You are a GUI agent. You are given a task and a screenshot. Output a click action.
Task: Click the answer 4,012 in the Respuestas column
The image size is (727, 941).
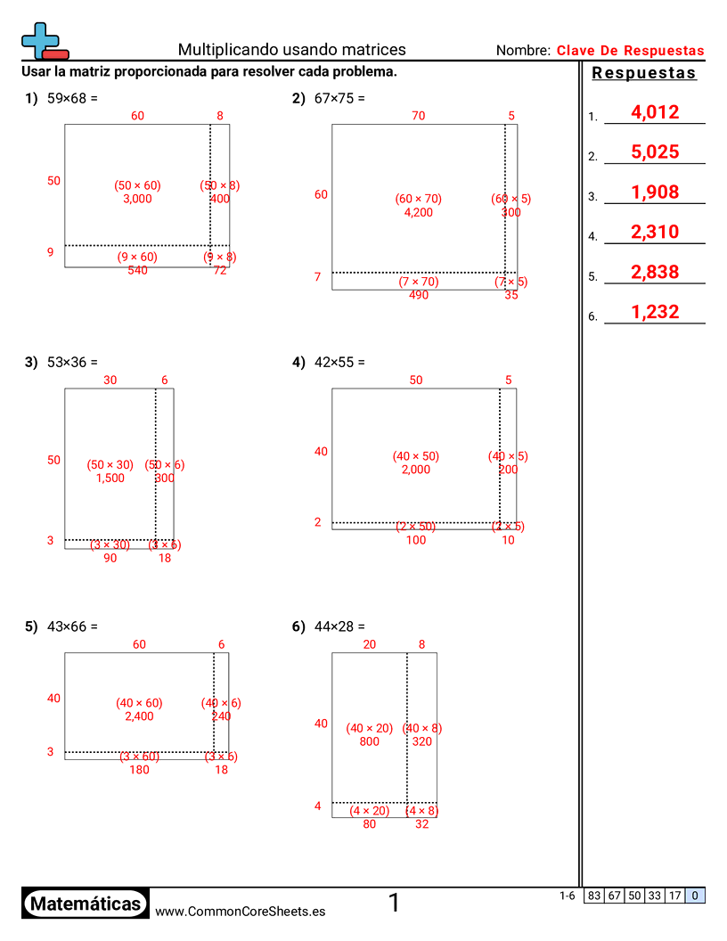(x=654, y=112)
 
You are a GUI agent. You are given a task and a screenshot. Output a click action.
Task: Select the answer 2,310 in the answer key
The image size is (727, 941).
(x=654, y=233)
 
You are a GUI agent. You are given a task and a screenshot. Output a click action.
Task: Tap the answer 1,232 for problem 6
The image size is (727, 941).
(x=654, y=312)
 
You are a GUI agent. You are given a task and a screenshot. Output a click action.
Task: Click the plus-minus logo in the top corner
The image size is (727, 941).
(x=43, y=41)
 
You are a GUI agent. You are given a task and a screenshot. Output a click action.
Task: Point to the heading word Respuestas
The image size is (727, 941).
(x=644, y=73)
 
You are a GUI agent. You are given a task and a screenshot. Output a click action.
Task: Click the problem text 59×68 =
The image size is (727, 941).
(x=72, y=98)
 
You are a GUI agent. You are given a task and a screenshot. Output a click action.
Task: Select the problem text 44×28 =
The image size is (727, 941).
(x=339, y=626)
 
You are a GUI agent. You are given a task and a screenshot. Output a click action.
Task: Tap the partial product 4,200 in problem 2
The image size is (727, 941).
(x=418, y=213)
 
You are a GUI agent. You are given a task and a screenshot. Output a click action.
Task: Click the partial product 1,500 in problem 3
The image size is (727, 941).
(x=110, y=479)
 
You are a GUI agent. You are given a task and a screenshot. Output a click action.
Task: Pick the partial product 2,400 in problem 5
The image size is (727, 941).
(x=139, y=716)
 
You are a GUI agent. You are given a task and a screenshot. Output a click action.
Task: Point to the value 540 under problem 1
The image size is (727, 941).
(x=137, y=270)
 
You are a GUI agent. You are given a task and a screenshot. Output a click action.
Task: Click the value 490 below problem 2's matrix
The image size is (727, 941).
(x=418, y=295)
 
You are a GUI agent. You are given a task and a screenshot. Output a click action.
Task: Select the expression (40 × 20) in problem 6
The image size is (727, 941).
(x=369, y=728)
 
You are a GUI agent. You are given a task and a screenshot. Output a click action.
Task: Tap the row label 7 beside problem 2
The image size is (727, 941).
(x=317, y=277)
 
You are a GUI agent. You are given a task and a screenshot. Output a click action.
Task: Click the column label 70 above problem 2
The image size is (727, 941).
(x=418, y=115)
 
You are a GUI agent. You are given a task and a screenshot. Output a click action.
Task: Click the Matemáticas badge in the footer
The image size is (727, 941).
(x=85, y=904)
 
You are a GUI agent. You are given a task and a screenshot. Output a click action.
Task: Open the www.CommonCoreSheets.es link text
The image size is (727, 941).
(x=240, y=911)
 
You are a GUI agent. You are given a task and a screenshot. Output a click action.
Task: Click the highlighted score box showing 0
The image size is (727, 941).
(x=695, y=896)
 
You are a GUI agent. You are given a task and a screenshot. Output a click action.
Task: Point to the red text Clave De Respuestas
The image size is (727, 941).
(x=630, y=51)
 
